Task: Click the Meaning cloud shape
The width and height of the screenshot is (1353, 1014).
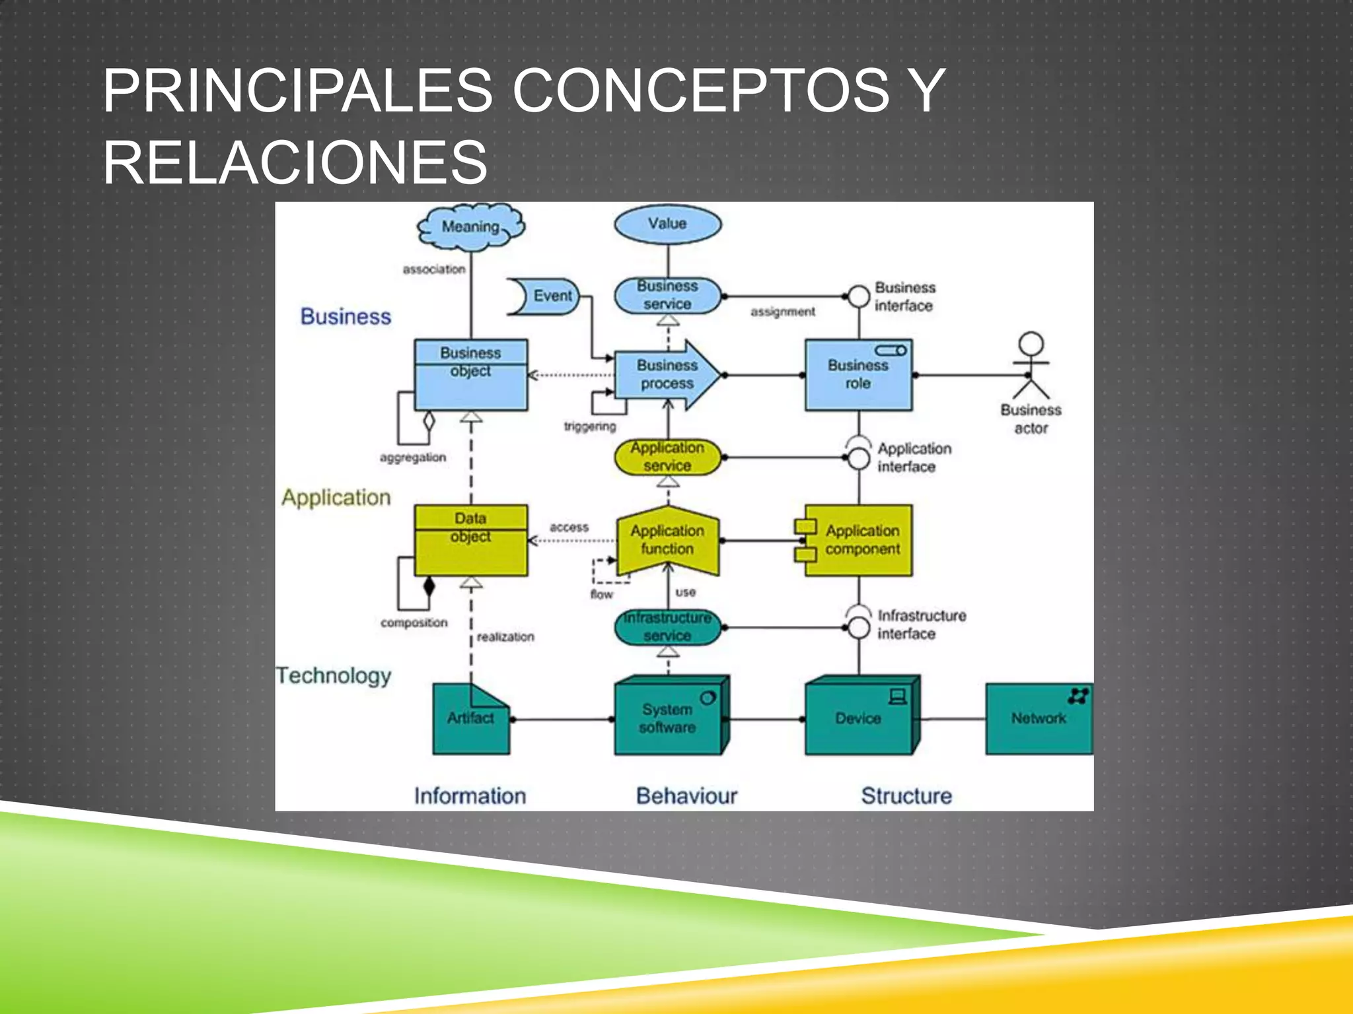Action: tap(470, 227)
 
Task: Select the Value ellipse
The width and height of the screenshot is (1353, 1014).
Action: tap(667, 224)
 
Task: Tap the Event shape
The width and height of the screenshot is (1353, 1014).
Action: tap(546, 296)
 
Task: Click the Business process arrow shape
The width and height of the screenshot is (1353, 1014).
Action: tap(666, 374)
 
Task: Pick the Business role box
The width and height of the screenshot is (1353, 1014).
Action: tap(858, 374)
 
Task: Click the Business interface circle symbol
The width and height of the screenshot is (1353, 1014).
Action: tap(858, 296)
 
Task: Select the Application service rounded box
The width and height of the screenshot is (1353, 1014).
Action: tap(667, 457)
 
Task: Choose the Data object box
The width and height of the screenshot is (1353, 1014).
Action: tap(470, 540)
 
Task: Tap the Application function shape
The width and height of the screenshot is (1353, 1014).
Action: tap(667, 540)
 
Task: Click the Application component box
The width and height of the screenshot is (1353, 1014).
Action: tap(858, 540)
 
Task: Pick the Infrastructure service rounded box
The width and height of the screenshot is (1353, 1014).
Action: tap(667, 626)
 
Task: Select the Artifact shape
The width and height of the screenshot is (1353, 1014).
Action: tap(470, 718)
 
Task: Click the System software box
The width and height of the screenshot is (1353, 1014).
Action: tap(669, 718)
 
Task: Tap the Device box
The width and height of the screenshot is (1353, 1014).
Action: tap(859, 718)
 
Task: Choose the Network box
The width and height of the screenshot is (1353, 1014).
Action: tap(1039, 718)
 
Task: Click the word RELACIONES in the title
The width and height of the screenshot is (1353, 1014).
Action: tap(295, 162)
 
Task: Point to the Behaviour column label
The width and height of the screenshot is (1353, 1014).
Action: tap(686, 795)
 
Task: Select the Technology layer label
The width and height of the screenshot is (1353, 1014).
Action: tap(334, 675)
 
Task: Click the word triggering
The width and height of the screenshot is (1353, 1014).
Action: tap(589, 426)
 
